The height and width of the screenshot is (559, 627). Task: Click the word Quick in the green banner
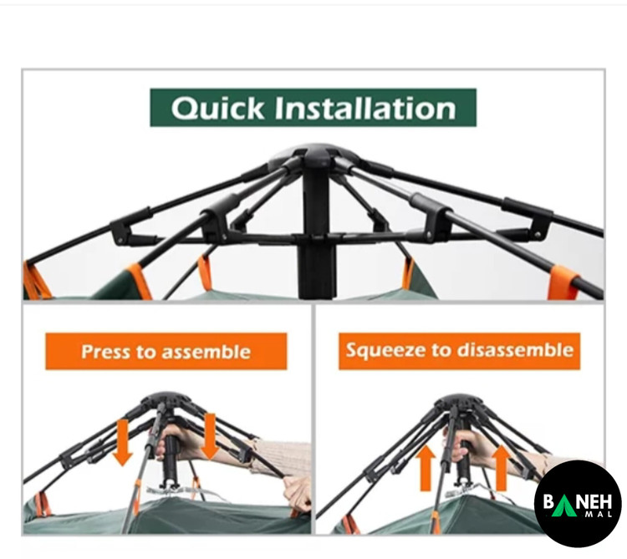(217, 108)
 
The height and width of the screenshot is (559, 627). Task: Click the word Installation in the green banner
(365, 108)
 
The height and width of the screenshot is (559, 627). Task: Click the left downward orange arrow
(123, 442)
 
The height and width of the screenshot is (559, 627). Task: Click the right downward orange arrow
(210, 436)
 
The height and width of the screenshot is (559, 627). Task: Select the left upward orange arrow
(426, 468)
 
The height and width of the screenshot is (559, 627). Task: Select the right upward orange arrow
(501, 467)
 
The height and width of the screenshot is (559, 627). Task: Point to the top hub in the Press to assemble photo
(166, 400)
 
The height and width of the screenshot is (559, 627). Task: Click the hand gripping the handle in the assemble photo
(176, 441)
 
